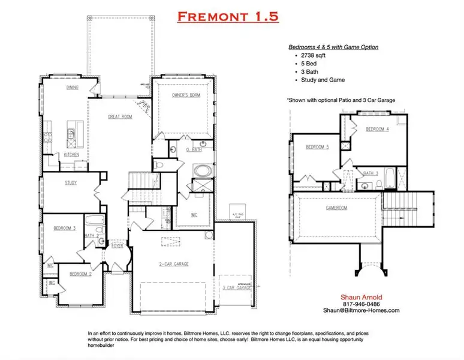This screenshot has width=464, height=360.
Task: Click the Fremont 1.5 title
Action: click(x=228, y=16)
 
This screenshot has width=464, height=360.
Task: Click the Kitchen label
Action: click(x=72, y=154)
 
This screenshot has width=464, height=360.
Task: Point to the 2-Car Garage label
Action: click(x=174, y=263)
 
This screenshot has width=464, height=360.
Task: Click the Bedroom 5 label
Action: click(x=317, y=147)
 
